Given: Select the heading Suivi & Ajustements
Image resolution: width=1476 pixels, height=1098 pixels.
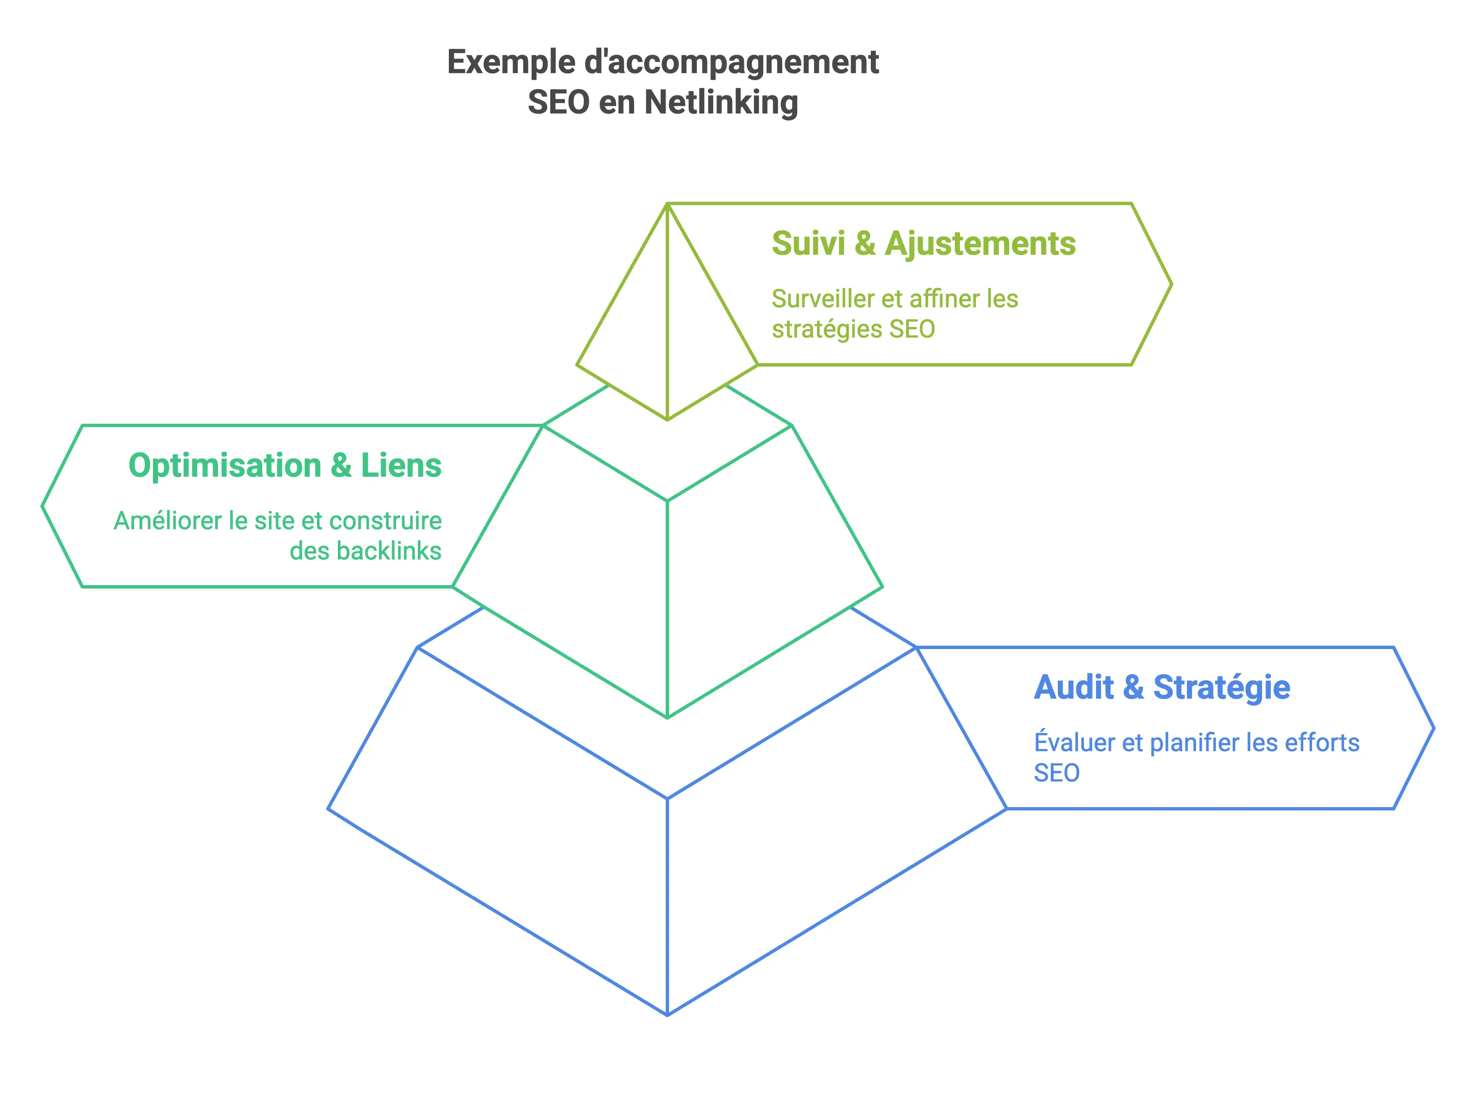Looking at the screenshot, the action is (x=923, y=243).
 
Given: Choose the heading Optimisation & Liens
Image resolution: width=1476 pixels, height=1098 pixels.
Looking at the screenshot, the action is (x=285, y=465).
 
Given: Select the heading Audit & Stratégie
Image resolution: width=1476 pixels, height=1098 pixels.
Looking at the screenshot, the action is (x=1162, y=687).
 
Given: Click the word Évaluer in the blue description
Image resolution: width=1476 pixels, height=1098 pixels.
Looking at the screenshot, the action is (x=1073, y=742).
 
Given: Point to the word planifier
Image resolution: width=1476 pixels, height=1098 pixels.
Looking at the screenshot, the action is (x=1194, y=742).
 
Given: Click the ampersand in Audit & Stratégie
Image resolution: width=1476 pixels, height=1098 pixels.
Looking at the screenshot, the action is (x=1133, y=687).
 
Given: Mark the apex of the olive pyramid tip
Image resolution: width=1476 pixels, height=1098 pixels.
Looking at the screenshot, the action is (x=667, y=204).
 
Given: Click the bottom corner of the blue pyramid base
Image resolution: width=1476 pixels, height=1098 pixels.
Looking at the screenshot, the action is (x=667, y=1015).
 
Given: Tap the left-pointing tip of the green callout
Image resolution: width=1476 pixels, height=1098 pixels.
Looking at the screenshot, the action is (x=42, y=507).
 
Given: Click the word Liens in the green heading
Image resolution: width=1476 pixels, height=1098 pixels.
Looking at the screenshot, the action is (x=401, y=465).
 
